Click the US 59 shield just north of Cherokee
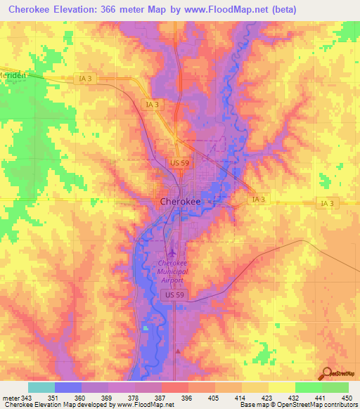[179, 163]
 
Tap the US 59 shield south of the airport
[175, 296]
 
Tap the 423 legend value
[265, 398]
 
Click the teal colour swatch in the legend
[41, 387]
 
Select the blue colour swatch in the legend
[68, 387]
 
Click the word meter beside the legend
[11, 398]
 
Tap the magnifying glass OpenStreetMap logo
[328, 373]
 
